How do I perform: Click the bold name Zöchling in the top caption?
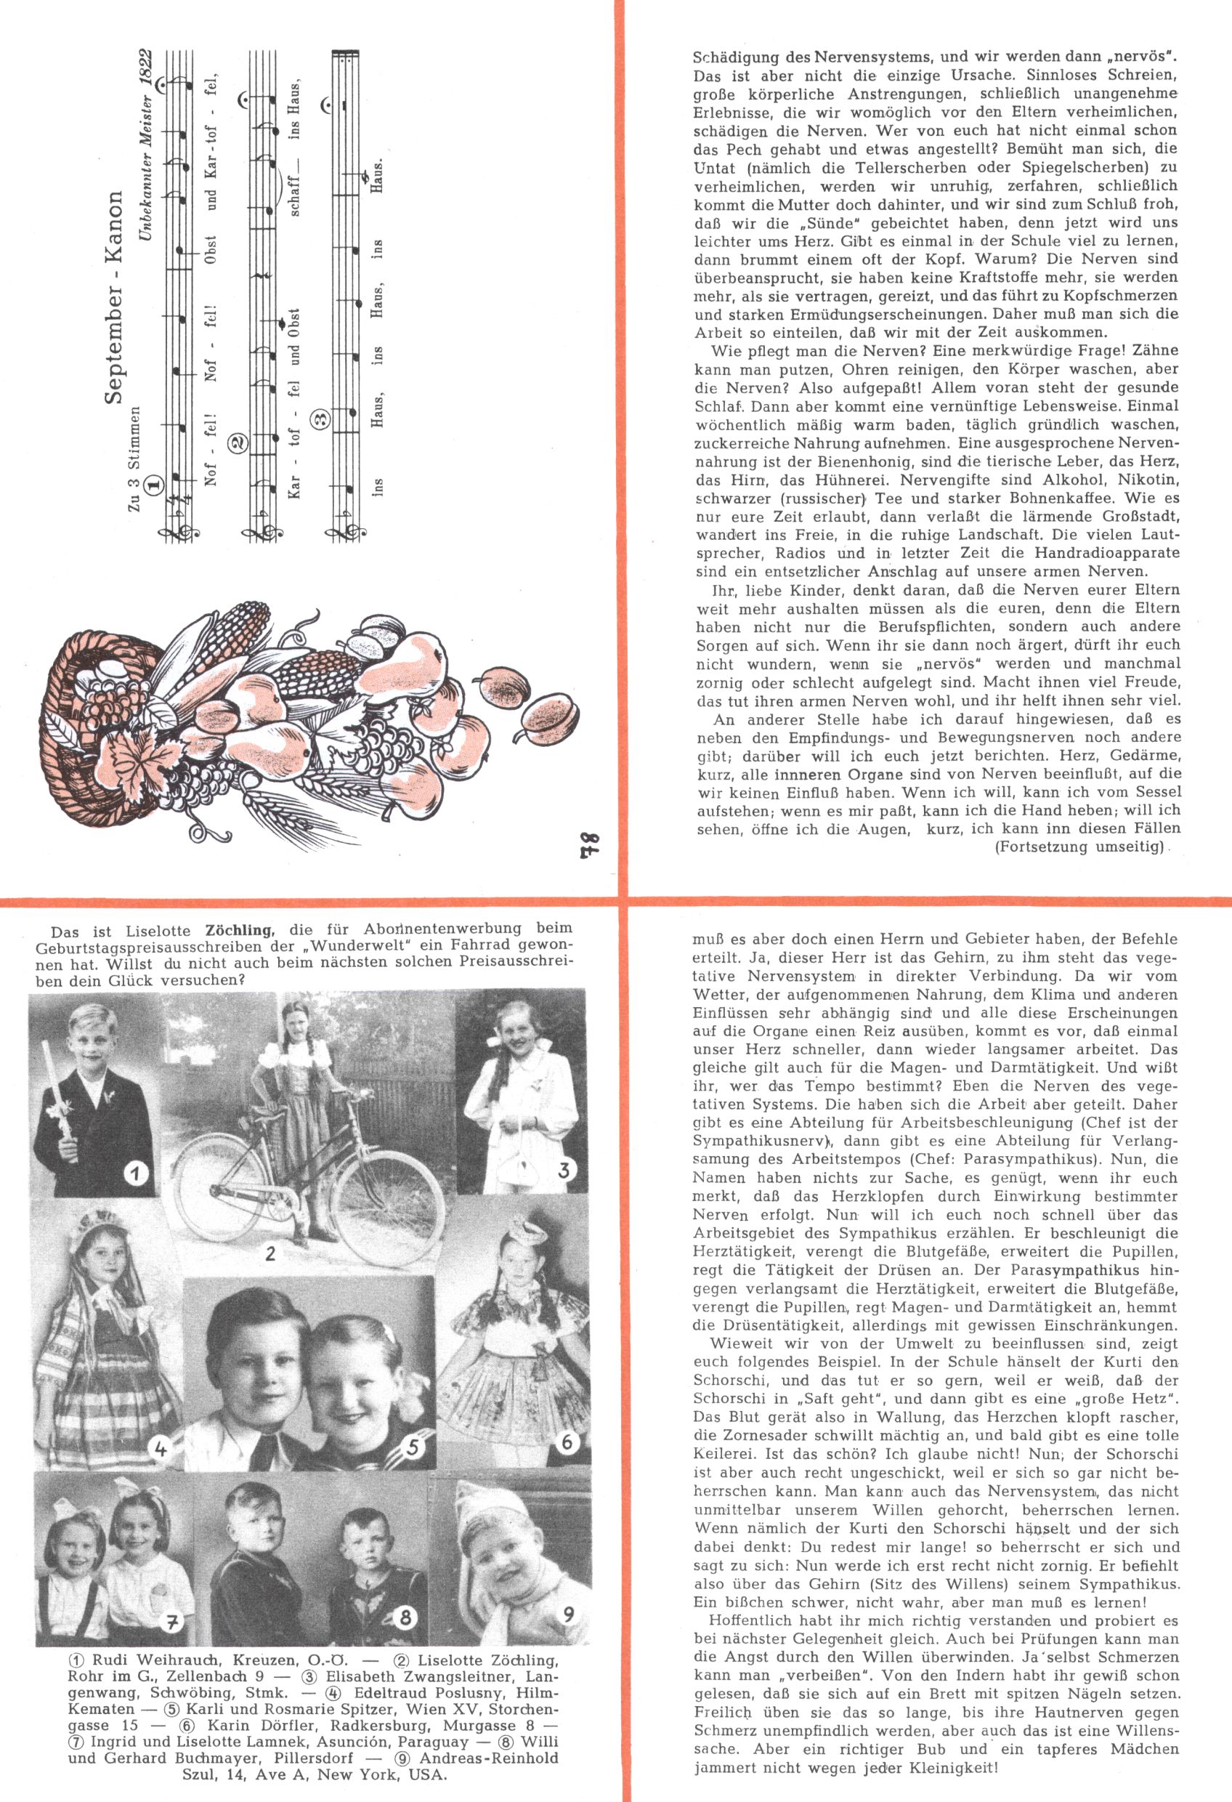240,928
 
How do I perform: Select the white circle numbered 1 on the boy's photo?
137,1173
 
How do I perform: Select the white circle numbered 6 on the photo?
567,1442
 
